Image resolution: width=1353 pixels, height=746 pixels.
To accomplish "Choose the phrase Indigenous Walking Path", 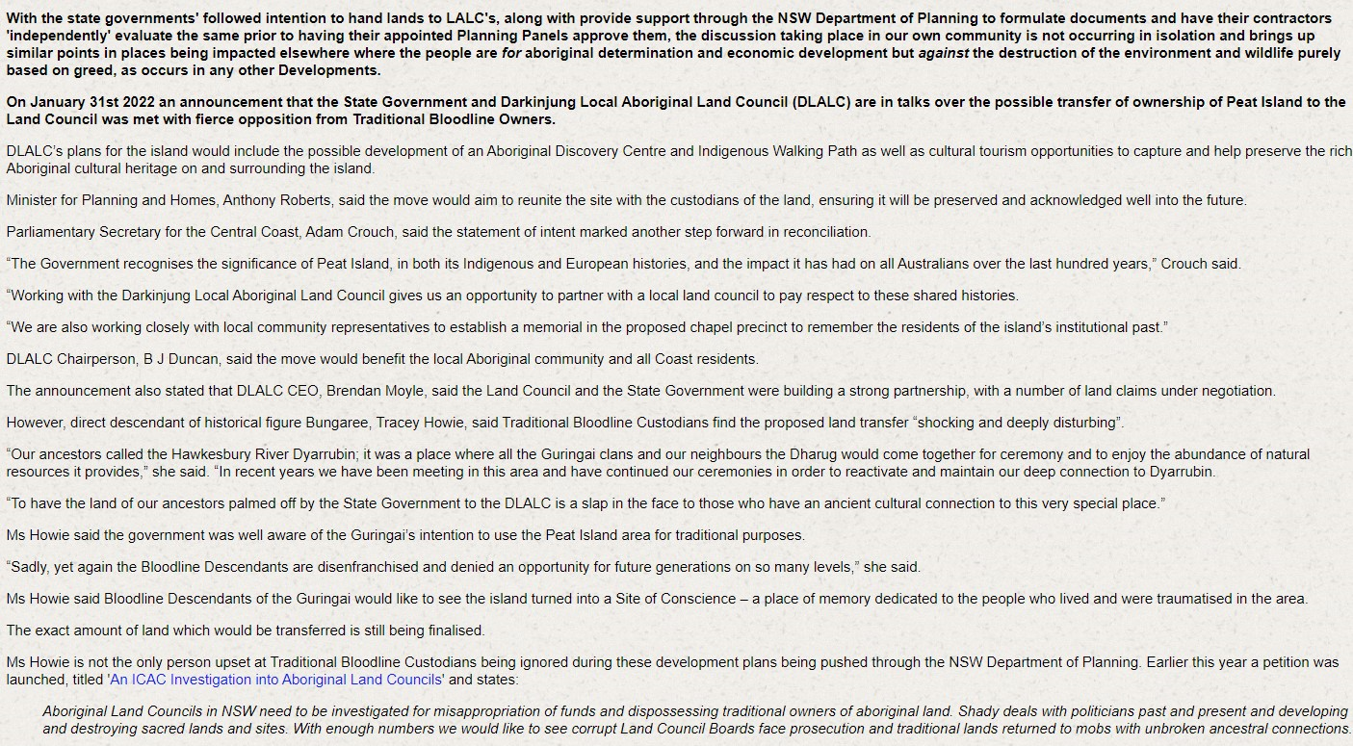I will coord(700,151).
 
